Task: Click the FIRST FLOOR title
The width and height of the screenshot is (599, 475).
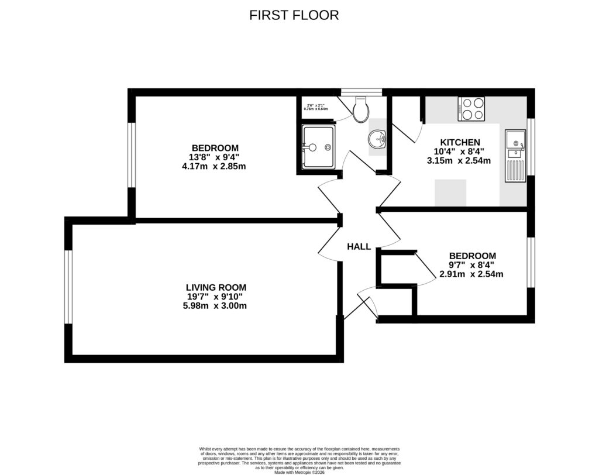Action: coord(294,15)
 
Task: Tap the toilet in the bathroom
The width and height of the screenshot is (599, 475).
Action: coord(361,108)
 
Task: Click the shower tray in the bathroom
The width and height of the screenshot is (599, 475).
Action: coord(318,147)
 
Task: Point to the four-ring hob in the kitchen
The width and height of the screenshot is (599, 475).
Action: coord(473,109)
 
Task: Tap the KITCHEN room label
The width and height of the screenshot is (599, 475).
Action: coord(460,142)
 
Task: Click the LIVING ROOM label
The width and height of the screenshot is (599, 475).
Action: coord(216,287)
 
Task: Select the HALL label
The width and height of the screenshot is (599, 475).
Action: coord(359,247)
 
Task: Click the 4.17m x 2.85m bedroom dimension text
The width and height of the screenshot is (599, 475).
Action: coord(214,166)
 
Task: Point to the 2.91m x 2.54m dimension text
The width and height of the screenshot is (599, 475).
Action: coord(471,274)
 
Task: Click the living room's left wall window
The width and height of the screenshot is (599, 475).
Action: coord(68,287)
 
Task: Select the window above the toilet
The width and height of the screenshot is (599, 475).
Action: coord(362,92)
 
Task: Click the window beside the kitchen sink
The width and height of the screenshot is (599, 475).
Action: coord(531,147)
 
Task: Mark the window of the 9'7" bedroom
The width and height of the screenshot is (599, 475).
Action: coord(531,262)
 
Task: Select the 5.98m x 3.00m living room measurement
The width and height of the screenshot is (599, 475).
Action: coord(216,305)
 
